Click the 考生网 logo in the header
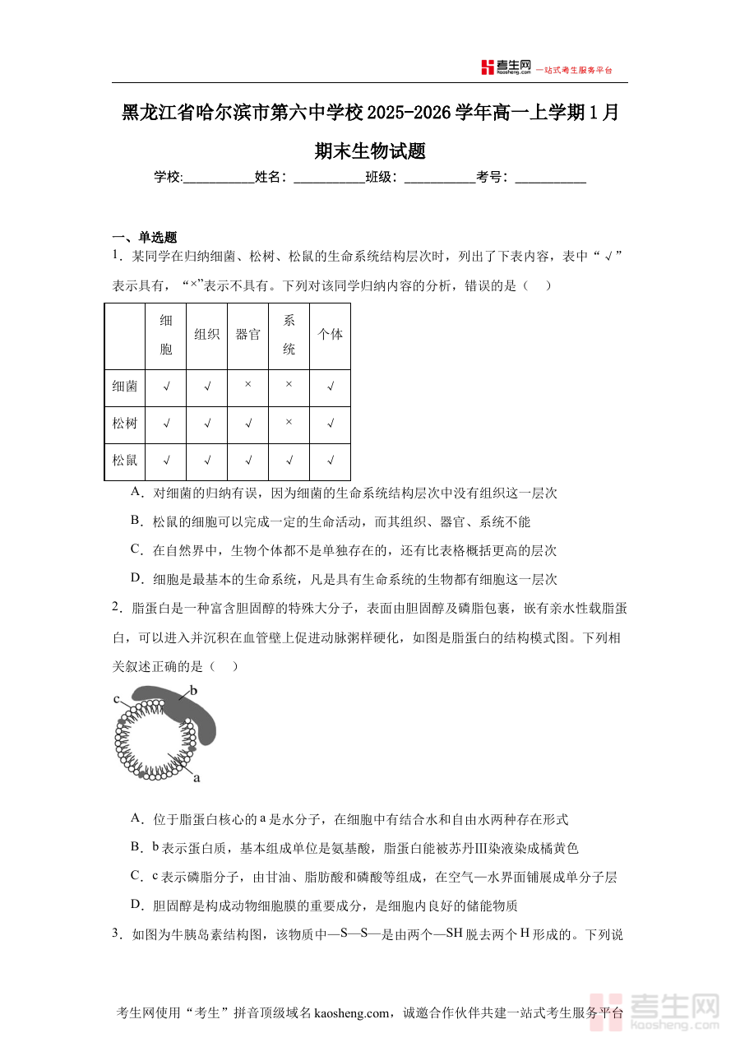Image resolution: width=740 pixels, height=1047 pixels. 506,67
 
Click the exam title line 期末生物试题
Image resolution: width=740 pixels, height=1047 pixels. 370,151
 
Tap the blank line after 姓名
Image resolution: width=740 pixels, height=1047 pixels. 329,178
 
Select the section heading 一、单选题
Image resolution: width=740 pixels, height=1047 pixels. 145,238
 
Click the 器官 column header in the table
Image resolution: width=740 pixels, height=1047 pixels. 247,335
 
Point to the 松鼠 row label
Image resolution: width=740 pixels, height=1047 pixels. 125,461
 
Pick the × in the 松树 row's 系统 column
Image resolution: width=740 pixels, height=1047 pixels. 289,423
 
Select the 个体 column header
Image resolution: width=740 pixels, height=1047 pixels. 330,335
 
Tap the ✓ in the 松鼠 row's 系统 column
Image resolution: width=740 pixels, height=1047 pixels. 289,461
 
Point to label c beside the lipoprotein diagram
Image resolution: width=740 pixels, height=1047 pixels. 117,699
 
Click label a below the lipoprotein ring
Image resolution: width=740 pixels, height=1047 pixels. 197,776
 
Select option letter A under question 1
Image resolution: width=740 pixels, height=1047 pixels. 136,492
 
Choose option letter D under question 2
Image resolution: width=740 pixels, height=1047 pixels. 136,905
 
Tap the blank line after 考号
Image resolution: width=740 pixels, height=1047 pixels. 550,178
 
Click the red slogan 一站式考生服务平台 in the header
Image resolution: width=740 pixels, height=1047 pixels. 574,70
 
